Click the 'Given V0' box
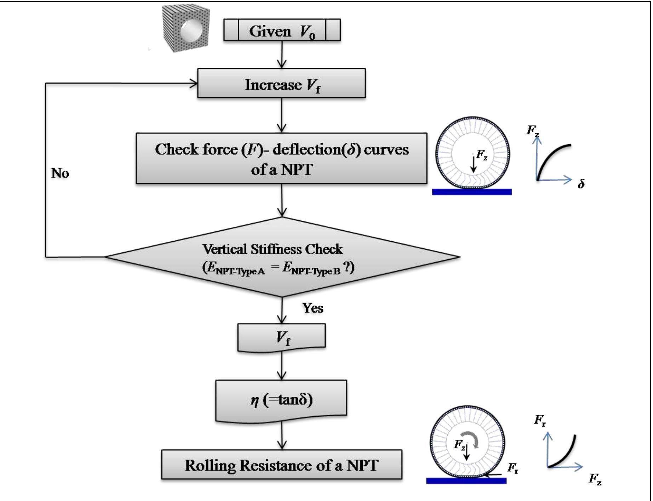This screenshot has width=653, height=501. (x=282, y=30)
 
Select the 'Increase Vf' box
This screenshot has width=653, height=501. (x=281, y=84)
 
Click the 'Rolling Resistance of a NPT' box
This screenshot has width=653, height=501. (x=282, y=465)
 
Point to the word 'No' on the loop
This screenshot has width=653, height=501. (x=60, y=173)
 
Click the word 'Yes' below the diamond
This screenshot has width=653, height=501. (x=312, y=308)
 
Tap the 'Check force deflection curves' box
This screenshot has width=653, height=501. (x=281, y=159)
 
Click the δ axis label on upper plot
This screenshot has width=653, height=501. (x=581, y=184)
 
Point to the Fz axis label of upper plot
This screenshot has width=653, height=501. (x=533, y=131)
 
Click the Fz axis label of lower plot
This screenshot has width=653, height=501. (x=595, y=479)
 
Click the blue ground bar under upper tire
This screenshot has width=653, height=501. (x=471, y=192)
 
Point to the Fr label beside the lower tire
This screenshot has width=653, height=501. (x=513, y=468)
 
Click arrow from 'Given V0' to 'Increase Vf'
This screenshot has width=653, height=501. (x=282, y=55)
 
